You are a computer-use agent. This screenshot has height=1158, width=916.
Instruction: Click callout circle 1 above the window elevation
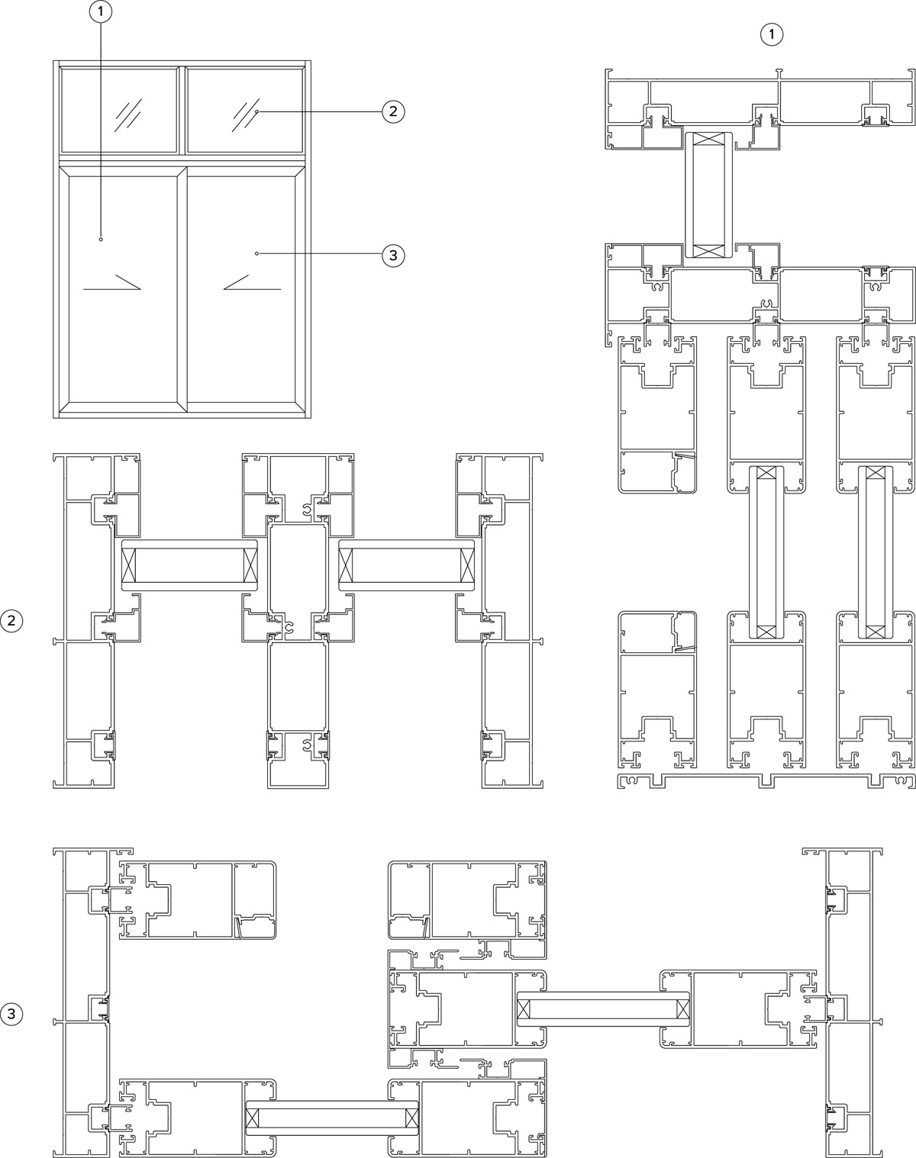pos(101,12)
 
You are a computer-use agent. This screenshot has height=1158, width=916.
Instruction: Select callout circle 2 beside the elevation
pos(393,111)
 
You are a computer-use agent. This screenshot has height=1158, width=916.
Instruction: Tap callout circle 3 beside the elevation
pos(393,255)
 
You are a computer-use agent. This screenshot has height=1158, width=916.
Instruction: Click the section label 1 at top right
pos(772,34)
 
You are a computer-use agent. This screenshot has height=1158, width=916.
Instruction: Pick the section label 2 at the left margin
pos(12,622)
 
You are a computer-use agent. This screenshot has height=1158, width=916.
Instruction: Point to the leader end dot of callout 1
pos(101,239)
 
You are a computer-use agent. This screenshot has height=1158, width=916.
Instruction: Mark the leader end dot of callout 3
pos(256,253)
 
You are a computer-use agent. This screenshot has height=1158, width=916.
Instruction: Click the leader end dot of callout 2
pos(257,111)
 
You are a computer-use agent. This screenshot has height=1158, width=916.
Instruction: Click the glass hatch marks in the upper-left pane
pos(128,114)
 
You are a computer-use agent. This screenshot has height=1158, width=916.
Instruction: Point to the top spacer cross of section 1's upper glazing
pos(708,139)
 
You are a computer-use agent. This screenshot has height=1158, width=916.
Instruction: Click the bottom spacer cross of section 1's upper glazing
pos(708,251)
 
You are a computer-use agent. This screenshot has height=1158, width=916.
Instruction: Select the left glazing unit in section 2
pos(189,565)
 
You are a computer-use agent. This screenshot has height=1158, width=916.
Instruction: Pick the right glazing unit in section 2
pos(407,565)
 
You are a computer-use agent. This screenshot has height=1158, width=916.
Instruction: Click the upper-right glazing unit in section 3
pos(603,1008)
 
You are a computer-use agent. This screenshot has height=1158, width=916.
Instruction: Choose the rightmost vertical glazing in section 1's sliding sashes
pos(876,552)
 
